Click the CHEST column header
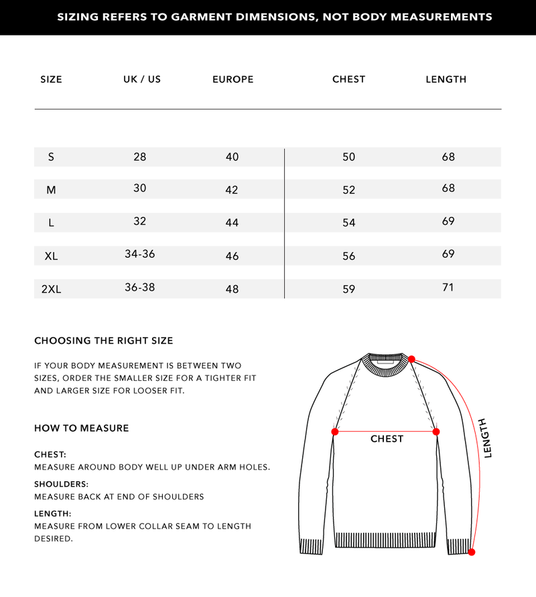(348, 79)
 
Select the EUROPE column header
(232, 79)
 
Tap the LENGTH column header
(446, 79)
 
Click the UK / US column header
(142, 79)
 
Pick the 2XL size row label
(51, 289)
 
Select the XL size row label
(51, 256)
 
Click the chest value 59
(348, 289)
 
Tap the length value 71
(448, 287)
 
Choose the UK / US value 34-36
(140, 254)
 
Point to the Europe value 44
(232, 222)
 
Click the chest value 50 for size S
(348, 157)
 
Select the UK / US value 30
(139, 189)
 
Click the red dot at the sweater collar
(411, 359)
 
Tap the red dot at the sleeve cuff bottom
(472, 552)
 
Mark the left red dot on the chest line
(335, 432)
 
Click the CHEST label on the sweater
(387, 439)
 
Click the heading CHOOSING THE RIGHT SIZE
(103, 341)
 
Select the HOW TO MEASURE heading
(81, 428)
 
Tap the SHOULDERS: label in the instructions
(61, 484)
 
